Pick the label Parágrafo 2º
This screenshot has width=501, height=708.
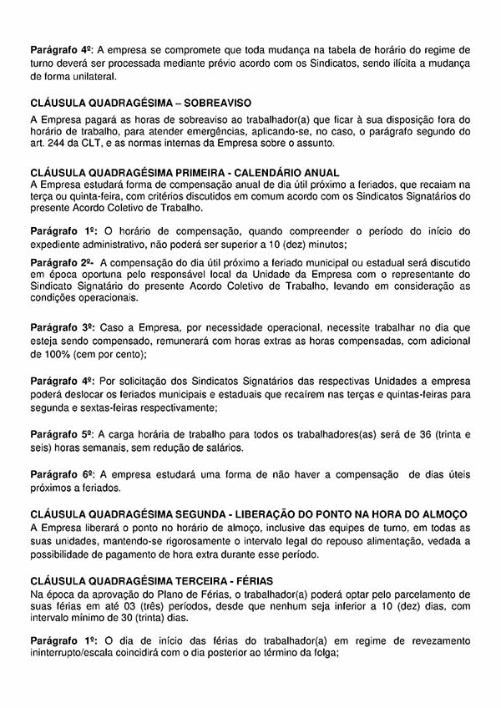pyautogui.click(x=60, y=262)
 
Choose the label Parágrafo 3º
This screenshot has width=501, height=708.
pyautogui.click(x=60, y=329)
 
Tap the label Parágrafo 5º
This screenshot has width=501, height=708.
pyautogui.click(x=60, y=434)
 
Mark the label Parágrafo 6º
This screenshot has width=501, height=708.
pyautogui.click(x=60, y=474)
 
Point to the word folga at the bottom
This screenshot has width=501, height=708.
pyautogui.click(x=320, y=654)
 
